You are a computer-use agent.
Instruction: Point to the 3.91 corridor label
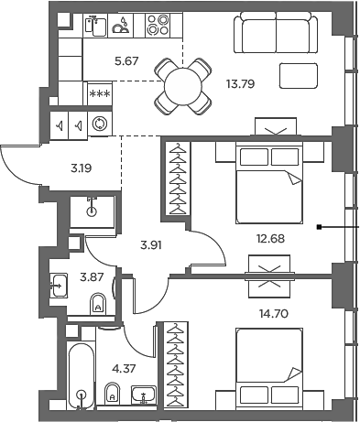[151, 244]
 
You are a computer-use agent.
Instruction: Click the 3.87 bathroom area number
[92, 276]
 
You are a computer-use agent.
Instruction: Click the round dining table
[180, 84]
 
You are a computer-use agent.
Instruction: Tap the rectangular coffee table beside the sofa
[300, 75]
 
